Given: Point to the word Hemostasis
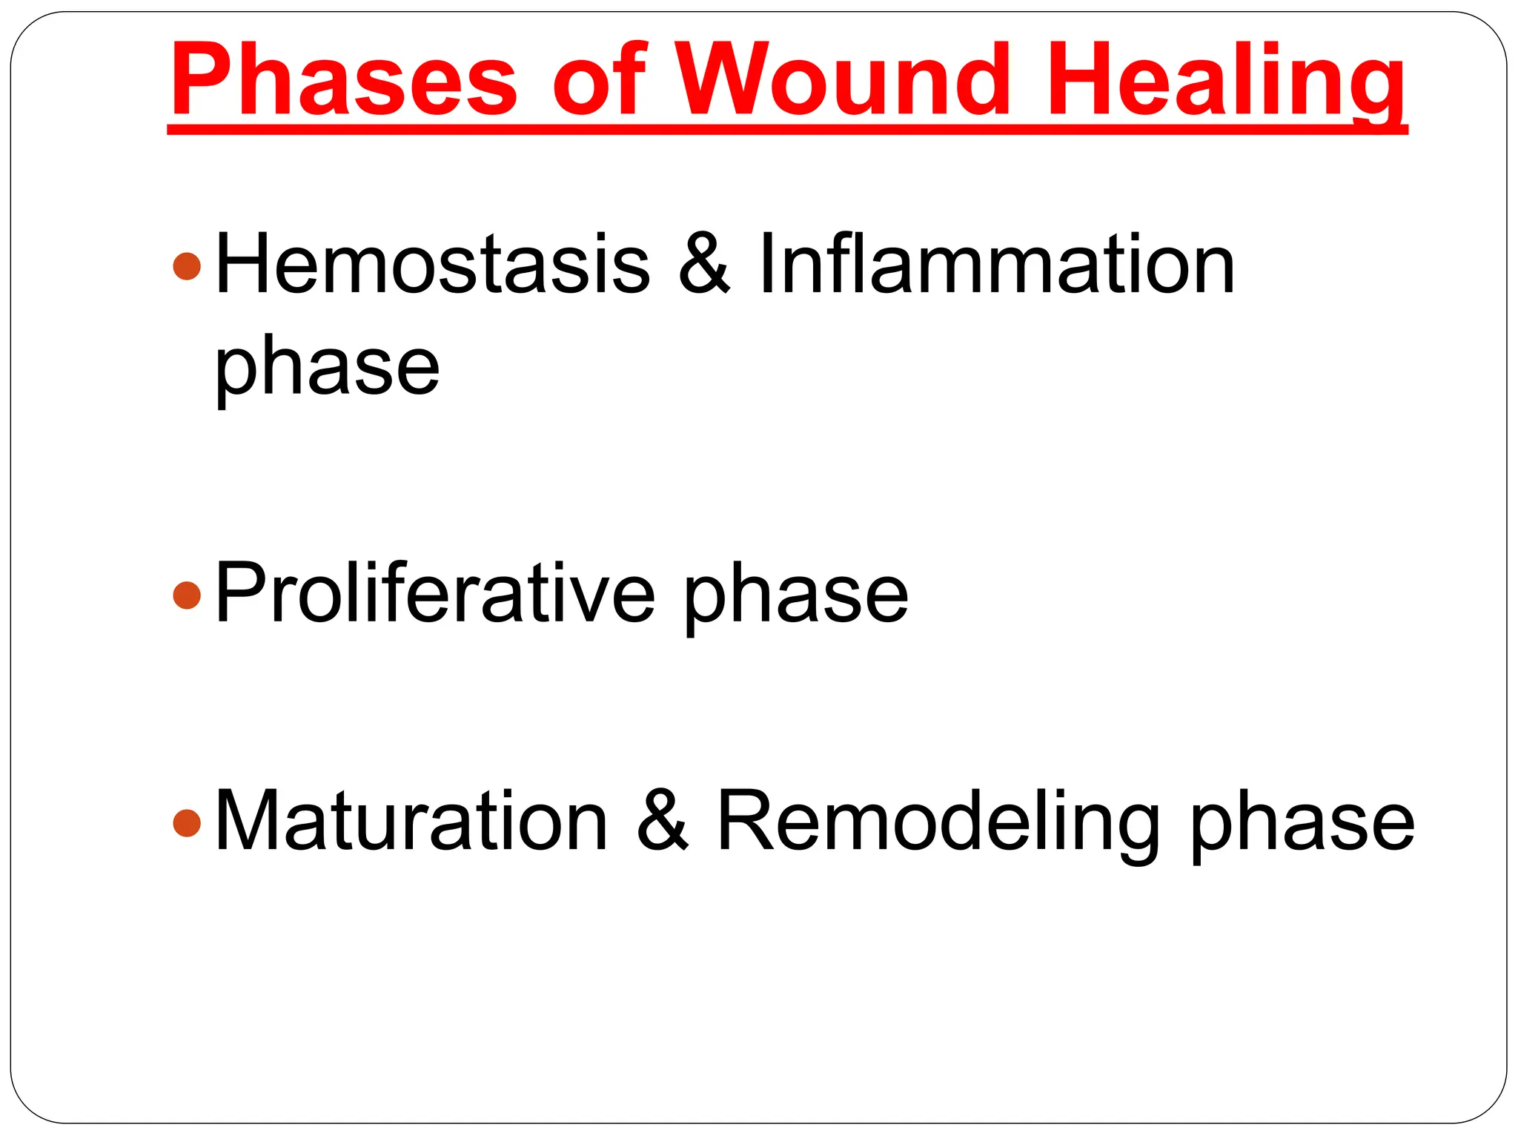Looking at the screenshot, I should [x=432, y=264].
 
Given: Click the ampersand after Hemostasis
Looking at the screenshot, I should [x=703, y=264].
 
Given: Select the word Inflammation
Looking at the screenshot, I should [x=996, y=264].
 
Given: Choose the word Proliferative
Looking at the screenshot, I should [x=435, y=593].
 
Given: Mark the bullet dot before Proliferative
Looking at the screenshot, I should [x=187, y=595].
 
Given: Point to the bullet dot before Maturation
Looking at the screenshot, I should [x=187, y=822].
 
